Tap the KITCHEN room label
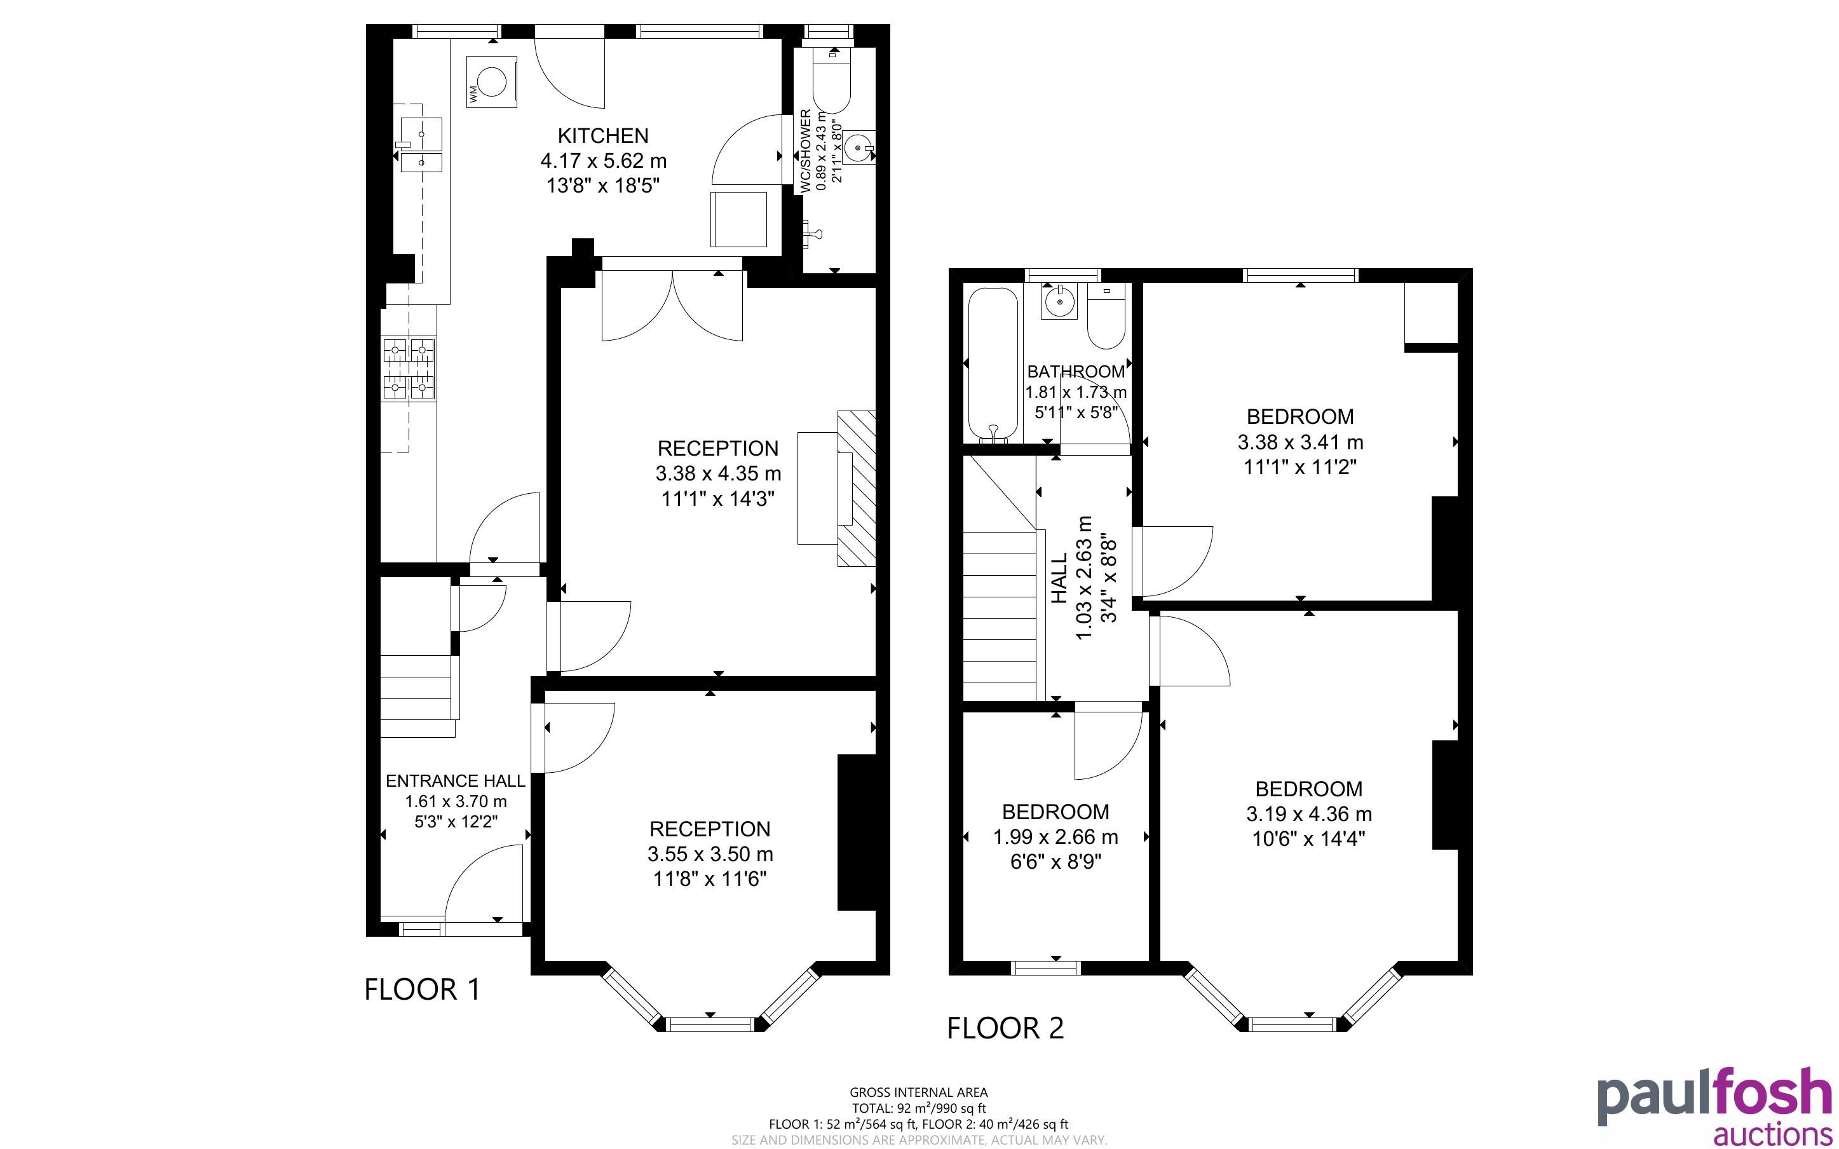click(603, 136)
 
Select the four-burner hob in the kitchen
click(409, 369)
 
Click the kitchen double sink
click(417, 145)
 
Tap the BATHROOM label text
click(1076, 372)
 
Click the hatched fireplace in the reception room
click(856, 489)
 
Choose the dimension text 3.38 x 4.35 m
click(718, 474)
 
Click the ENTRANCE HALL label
click(455, 781)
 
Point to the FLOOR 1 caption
click(423, 989)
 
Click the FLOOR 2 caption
click(1005, 1028)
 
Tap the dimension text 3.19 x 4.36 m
click(1309, 815)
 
